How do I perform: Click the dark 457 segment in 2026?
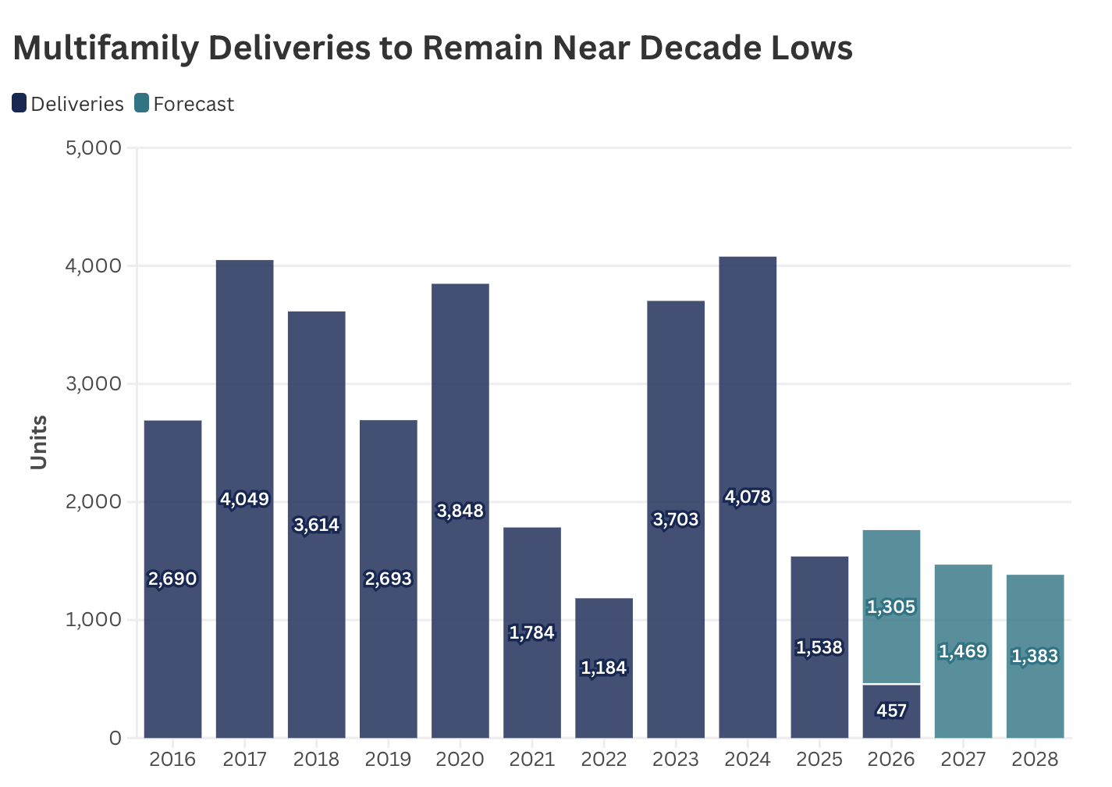(891, 711)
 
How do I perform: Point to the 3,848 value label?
(460, 511)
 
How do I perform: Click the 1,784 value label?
(532, 632)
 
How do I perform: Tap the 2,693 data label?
(389, 579)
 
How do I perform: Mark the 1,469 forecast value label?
(963, 651)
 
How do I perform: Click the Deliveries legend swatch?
(20, 103)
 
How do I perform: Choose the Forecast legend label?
(194, 104)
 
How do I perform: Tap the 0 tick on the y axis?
(115, 738)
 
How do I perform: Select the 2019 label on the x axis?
(389, 759)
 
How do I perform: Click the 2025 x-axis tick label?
(819, 759)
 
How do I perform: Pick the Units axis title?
(39, 442)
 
